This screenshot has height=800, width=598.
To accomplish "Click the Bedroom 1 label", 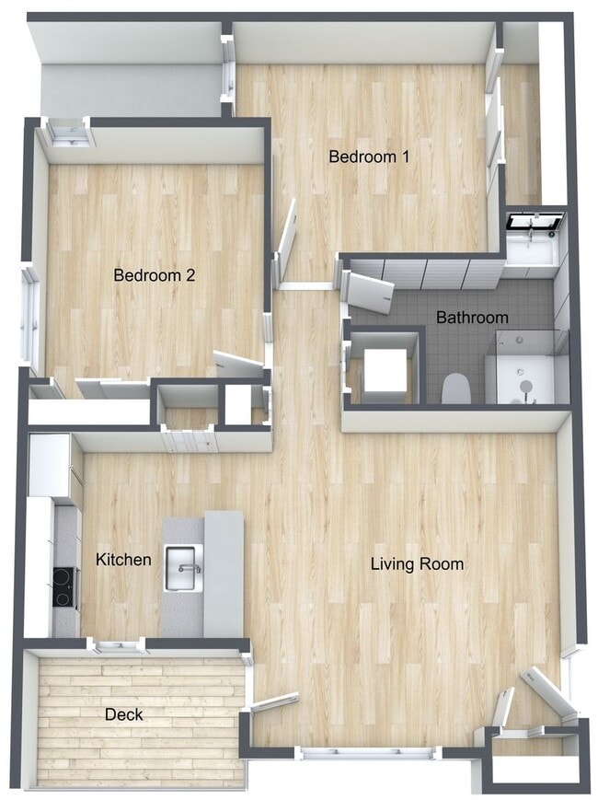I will pos(369,157).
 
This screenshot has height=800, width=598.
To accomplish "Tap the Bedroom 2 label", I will pos(154,274).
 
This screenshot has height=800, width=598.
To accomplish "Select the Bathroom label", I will pos(472,318).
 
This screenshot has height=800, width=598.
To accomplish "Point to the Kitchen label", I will pos(123,559).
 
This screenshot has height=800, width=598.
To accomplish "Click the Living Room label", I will pos(417,563).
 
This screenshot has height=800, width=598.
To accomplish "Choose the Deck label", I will pos(123,714).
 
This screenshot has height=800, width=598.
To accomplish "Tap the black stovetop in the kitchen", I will pos(63,586).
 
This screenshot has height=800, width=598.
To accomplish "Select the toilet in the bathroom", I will pos(456,389).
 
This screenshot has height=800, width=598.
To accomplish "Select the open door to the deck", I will pos(274,702).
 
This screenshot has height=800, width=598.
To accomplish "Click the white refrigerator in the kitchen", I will pos(51,465).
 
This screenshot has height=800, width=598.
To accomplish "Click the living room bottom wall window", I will pos(367,753).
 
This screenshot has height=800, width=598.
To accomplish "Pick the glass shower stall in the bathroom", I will pos(521,368).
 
